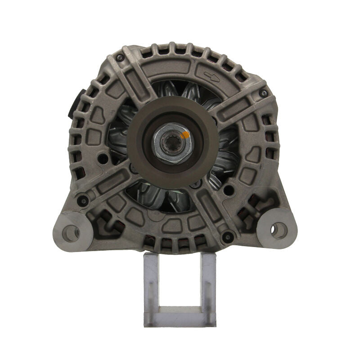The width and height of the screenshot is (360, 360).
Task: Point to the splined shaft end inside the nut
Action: (x=173, y=144)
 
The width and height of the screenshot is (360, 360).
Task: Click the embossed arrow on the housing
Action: (x=211, y=77)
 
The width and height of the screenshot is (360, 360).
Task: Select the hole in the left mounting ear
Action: (x=70, y=232)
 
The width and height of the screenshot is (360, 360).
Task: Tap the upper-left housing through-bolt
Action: (x=120, y=58)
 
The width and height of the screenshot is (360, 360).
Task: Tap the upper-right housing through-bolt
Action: (x=263, y=93)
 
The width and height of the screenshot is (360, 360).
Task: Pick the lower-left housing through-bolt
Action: (x=82, y=201)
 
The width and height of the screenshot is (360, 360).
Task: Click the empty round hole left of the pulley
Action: (x=103, y=158)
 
